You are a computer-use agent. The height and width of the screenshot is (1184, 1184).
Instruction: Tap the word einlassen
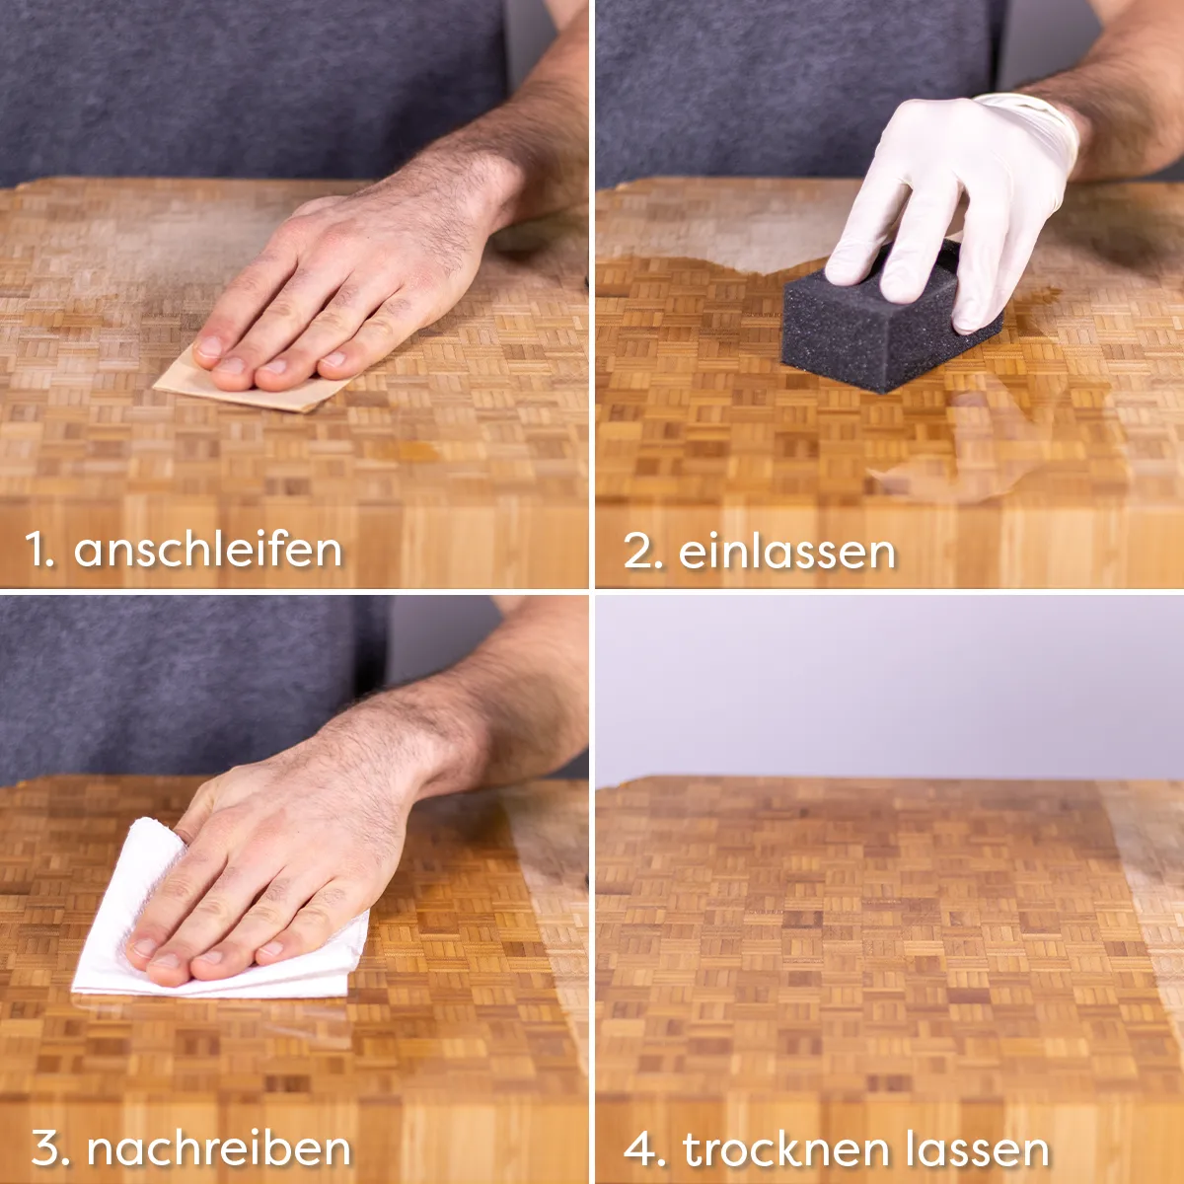tap(787, 552)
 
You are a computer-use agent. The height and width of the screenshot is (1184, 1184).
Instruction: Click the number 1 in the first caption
tap(39, 550)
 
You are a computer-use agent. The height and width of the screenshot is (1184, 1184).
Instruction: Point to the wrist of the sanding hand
tap(467, 190)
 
